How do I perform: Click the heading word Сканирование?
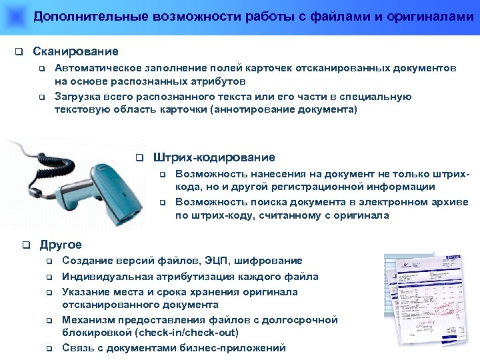tap(75, 51)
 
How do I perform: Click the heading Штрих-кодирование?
tap(213, 157)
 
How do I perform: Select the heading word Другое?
tap(61, 245)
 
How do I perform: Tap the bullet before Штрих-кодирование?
tap(139, 158)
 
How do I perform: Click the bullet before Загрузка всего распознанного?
tap(41, 97)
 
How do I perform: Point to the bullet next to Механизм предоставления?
tap(48, 321)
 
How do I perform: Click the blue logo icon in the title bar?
tap(14, 15)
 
